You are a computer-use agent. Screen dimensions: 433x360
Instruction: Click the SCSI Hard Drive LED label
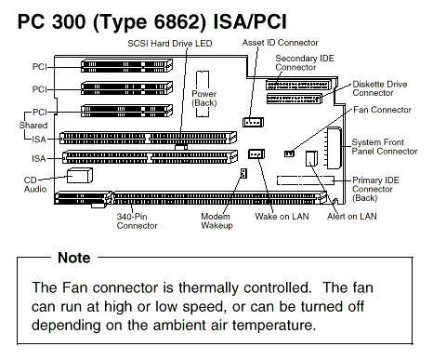point(170,44)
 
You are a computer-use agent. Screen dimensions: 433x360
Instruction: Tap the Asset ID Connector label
point(280,43)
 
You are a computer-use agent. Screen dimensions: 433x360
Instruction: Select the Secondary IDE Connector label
point(305,62)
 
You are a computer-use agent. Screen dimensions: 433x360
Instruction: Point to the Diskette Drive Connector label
point(380,88)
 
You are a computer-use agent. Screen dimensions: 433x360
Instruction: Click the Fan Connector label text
point(382,110)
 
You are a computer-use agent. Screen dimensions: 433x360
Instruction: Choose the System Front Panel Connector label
point(385,147)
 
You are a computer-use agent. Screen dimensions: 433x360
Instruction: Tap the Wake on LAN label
point(282,216)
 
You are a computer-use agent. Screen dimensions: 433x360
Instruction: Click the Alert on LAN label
point(352,216)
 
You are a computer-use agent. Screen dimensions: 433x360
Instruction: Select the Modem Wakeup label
point(216,220)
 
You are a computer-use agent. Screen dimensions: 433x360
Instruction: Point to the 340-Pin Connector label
point(137,220)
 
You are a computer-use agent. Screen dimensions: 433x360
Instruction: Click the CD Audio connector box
point(80,176)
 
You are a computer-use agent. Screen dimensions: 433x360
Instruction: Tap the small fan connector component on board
point(289,153)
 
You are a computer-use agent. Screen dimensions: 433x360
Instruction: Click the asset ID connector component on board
point(253,122)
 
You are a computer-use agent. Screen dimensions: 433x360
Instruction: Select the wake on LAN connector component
point(256,153)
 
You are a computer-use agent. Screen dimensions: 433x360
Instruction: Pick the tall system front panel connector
point(335,148)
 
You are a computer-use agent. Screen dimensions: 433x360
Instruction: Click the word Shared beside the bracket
point(33,126)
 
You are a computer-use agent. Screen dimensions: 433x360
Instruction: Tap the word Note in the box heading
point(74,258)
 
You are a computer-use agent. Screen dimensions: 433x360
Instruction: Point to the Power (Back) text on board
point(204,99)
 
